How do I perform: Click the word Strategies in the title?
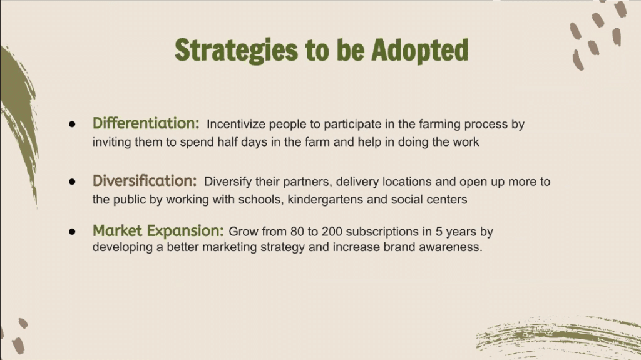[x=236, y=51]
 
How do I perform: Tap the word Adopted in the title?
[x=420, y=50]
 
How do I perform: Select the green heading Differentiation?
[x=146, y=123]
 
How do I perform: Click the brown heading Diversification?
[x=145, y=180]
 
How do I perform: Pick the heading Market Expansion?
[x=158, y=231]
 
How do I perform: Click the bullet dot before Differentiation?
[x=73, y=124]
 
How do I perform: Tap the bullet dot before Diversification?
[x=73, y=181]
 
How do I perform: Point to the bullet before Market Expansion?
[x=73, y=232]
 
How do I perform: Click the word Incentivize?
[x=236, y=124]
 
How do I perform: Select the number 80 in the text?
[x=297, y=232]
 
